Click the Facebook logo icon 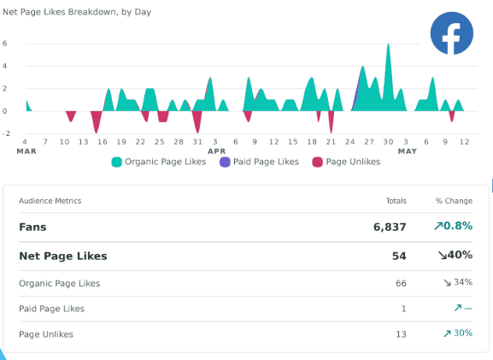[x=451, y=33]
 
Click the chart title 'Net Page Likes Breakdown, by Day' [x=77, y=12]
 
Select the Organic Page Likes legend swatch [x=117, y=162]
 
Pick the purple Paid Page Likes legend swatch [x=225, y=162]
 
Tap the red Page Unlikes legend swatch [x=317, y=162]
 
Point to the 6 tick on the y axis [x=5, y=44]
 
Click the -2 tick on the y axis [x=6, y=133]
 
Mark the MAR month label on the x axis [x=26, y=151]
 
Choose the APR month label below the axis [x=217, y=151]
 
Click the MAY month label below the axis [x=408, y=151]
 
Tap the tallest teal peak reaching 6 [x=388, y=44]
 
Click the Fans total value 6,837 [x=390, y=227]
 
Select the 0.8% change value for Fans [x=458, y=226]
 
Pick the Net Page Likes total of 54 [x=399, y=256]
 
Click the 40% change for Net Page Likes [x=460, y=255]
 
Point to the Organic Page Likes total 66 [x=401, y=283]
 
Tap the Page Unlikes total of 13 [x=401, y=334]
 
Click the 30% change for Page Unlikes [x=463, y=333]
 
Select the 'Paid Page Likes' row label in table [x=51, y=309]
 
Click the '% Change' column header [x=454, y=201]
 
